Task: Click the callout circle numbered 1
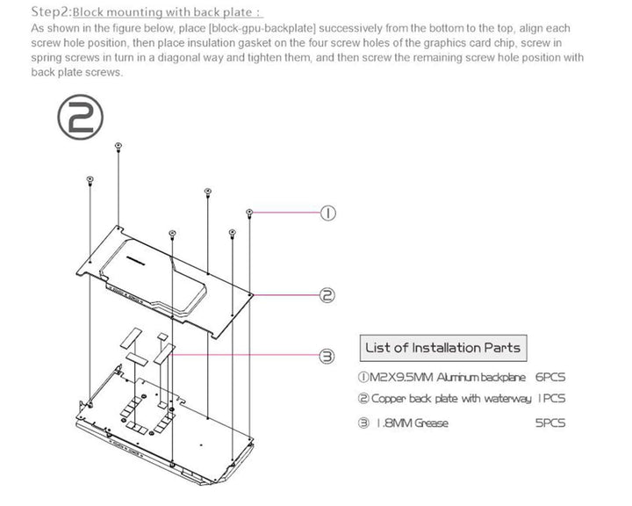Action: coord(326,213)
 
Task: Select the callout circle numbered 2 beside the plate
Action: coord(326,295)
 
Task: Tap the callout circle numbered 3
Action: coord(326,356)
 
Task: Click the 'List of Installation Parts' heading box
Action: coord(442,348)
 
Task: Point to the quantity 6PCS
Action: coord(549,378)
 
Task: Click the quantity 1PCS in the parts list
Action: coord(551,400)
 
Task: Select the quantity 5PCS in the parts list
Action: coord(550,423)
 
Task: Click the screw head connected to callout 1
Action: coord(250,213)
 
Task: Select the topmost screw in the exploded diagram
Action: coord(118,144)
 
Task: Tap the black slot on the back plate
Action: coord(134,260)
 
